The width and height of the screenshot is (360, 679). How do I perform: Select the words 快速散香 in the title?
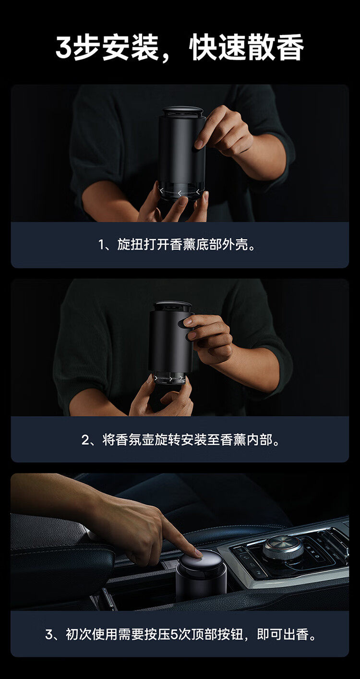247,48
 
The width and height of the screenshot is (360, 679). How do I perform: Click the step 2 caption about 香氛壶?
180,439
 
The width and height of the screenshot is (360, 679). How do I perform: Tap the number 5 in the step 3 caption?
174,634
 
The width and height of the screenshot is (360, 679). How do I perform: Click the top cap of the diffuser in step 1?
183,111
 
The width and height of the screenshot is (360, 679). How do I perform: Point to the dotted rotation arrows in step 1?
180,192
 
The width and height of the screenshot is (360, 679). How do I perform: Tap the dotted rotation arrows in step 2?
169,378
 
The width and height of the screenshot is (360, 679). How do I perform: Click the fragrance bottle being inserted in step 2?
169,378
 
